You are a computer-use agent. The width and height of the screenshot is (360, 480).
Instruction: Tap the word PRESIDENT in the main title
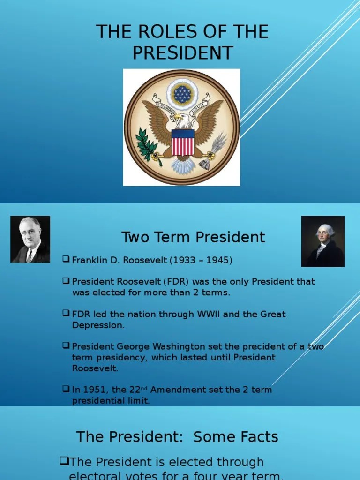[182, 53]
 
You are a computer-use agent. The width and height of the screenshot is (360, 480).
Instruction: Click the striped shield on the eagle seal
[182, 142]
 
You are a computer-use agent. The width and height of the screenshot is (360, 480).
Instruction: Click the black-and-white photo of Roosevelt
[30, 239]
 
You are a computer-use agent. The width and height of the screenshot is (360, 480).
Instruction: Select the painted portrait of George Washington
[323, 241]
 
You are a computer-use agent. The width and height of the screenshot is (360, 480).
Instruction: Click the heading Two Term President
[193, 237]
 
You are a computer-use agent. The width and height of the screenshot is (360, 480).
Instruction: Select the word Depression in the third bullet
[98, 325]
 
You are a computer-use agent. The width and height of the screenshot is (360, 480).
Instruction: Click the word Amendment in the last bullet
[181, 390]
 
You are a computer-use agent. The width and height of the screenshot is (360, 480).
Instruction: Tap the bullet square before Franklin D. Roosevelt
[66, 259]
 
